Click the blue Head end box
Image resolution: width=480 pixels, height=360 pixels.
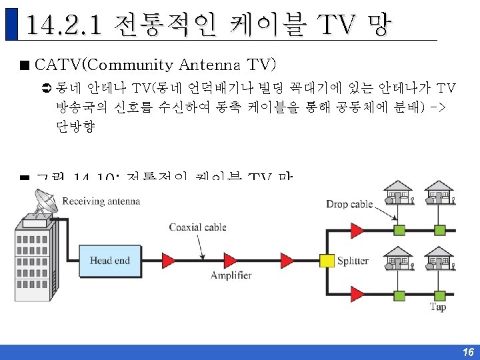pyautogui.click(x=109, y=260)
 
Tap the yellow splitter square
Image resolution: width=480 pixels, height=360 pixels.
pyautogui.click(x=326, y=260)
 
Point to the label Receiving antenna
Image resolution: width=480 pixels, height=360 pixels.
pyautogui.click(x=101, y=201)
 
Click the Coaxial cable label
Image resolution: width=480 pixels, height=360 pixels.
pyautogui.click(x=197, y=227)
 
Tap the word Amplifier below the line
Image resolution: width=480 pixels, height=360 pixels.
pyautogui.click(x=231, y=275)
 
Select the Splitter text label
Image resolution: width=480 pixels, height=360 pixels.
pyautogui.click(x=352, y=261)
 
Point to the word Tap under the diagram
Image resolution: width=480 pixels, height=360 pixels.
pyautogui.click(x=438, y=307)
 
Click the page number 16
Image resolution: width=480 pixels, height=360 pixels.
pyautogui.click(x=467, y=352)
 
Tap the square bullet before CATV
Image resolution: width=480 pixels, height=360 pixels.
pyautogui.click(x=25, y=65)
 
